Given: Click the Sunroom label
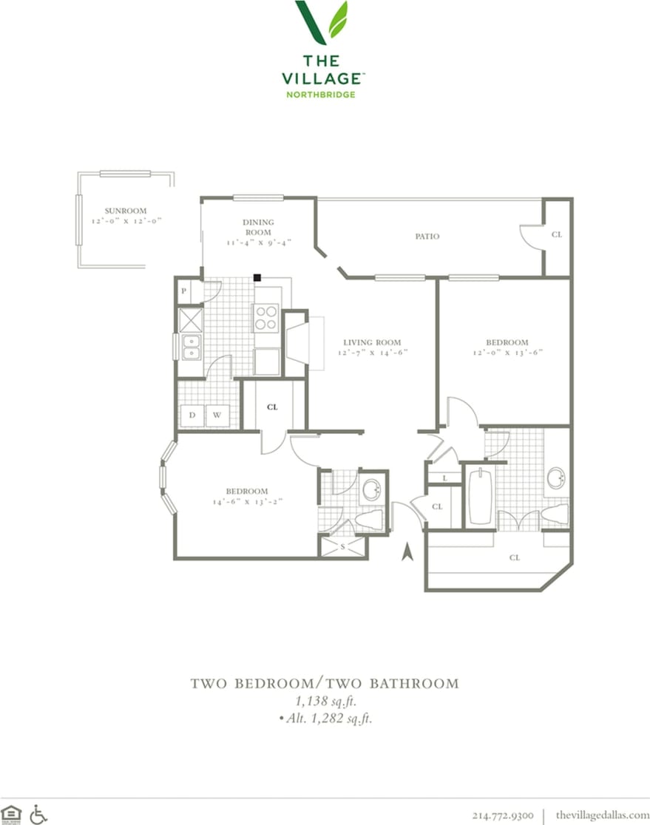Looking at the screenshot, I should (126, 211).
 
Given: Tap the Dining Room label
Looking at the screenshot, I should (258, 227).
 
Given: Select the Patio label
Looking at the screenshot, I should (427, 237).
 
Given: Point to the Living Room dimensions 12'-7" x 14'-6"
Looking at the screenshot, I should (372, 353).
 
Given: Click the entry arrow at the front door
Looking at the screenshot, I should (406, 551).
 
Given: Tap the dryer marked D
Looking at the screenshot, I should (192, 415).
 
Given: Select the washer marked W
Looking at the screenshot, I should (217, 415).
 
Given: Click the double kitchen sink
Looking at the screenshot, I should (191, 347).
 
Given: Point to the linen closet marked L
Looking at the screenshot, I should (444, 478).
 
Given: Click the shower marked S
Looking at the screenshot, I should (342, 546).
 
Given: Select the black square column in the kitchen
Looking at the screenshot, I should (257, 277).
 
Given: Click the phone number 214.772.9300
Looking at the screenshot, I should (503, 815).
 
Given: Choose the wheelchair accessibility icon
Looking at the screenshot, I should (38, 814).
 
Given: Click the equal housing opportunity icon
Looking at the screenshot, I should (12, 814).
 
